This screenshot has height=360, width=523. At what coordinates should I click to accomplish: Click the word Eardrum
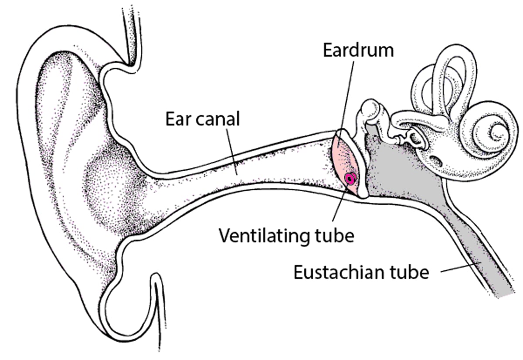(358, 50)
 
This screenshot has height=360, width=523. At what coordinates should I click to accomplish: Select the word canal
(217, 119)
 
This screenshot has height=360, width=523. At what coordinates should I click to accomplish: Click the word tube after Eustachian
(409, 272)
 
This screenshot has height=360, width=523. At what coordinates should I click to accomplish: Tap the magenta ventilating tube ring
(350, 179)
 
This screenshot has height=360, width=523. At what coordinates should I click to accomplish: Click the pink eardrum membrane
(345, 163)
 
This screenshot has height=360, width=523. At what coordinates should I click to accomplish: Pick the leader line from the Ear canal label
(231, 151)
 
